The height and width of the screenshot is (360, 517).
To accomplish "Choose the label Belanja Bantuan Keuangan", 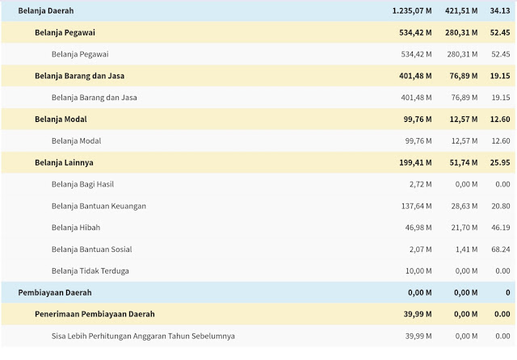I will [99, 206].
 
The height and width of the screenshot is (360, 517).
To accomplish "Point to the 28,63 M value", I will [465, 206].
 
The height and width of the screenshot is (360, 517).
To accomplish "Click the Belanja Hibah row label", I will [76, 228].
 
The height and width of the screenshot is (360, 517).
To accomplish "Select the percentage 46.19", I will [502, 228].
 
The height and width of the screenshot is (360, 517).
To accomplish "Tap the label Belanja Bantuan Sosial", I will [91, 249].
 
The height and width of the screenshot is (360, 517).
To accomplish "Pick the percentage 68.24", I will [502, 249].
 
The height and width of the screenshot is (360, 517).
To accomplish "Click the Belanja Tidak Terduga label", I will [90, 270].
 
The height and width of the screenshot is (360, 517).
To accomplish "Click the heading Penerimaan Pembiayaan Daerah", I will [95, 314].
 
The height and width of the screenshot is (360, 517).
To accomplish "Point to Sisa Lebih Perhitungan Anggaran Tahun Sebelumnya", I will [143, 336].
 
